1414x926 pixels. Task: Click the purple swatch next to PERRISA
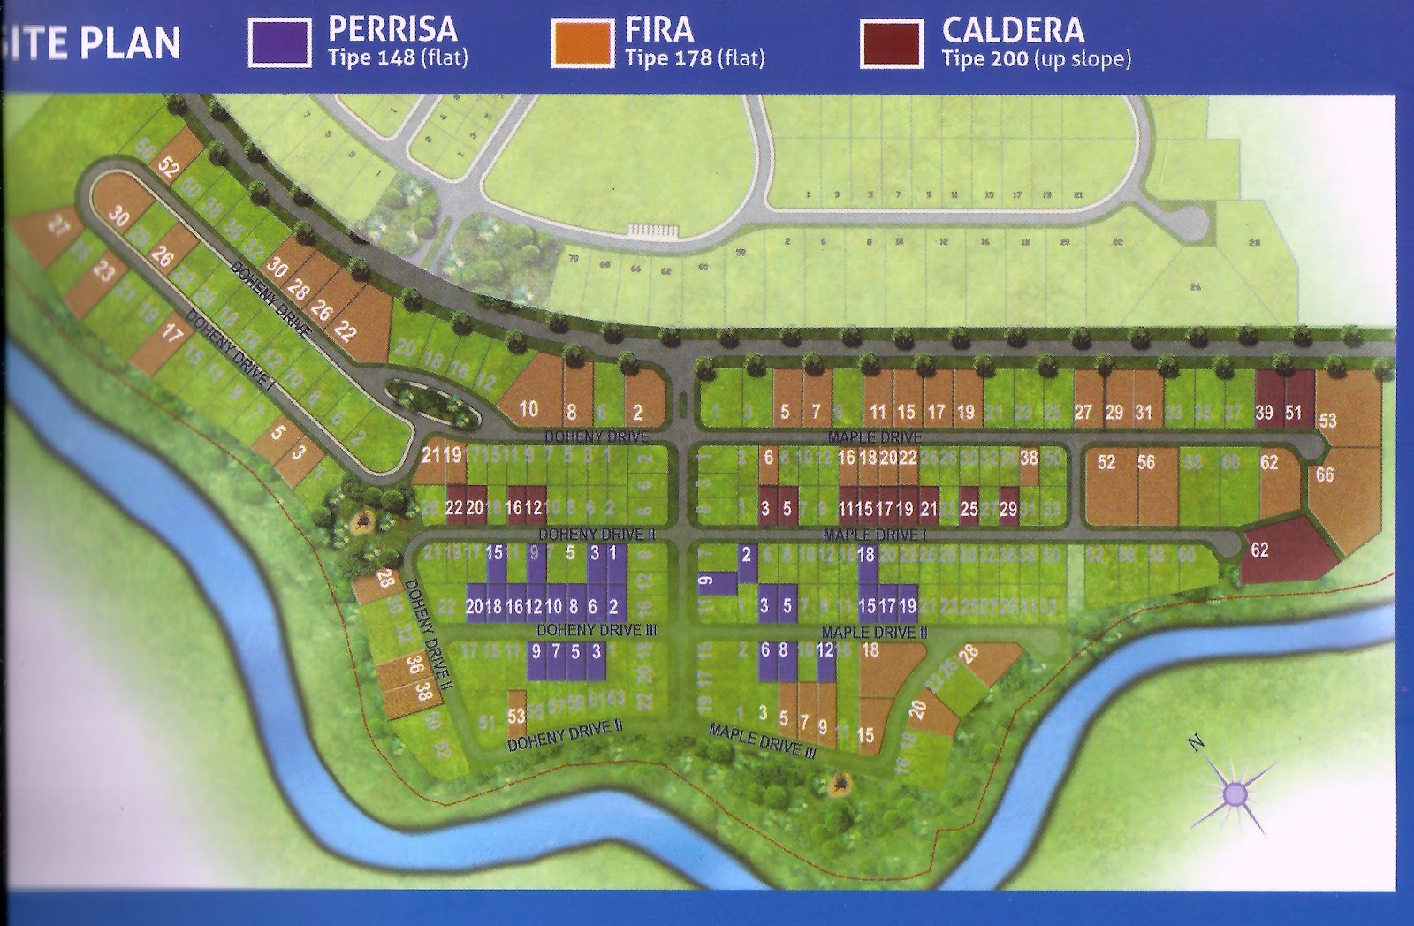pos(279,42)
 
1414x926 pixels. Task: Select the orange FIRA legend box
pos(582,42)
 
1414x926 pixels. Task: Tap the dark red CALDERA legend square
pos(891,42)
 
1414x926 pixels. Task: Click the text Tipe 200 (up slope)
pos(1036,59)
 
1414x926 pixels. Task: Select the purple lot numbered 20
pos(475,607)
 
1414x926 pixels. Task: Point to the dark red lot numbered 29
pos(1008,508)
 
